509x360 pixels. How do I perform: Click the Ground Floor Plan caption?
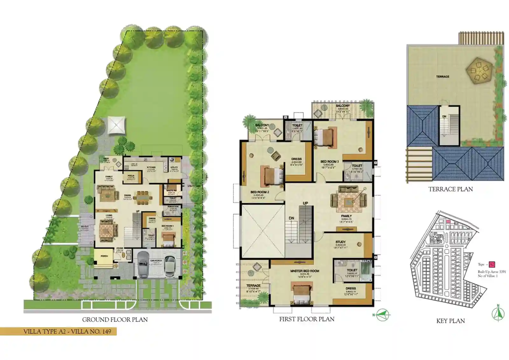pos(115,320)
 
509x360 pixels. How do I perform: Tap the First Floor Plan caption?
pos(307,319)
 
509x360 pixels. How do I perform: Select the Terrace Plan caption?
pos(450,189)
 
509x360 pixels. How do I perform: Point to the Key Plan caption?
pos(450,321)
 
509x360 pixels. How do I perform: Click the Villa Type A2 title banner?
pos(67,331)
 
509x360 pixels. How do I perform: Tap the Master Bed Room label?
pos(304,271)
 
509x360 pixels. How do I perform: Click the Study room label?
pos(340,242)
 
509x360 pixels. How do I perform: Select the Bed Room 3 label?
pos(329,162)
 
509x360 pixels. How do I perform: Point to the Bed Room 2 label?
pos(260,192)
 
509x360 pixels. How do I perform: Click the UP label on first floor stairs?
pos(305,203)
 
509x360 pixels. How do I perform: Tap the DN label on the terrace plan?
pos(444,116)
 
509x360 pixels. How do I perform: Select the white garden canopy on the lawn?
pos(116,125)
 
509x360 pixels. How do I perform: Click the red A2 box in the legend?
pos(492,264)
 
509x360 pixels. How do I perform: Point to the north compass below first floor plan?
pos(382,315)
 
